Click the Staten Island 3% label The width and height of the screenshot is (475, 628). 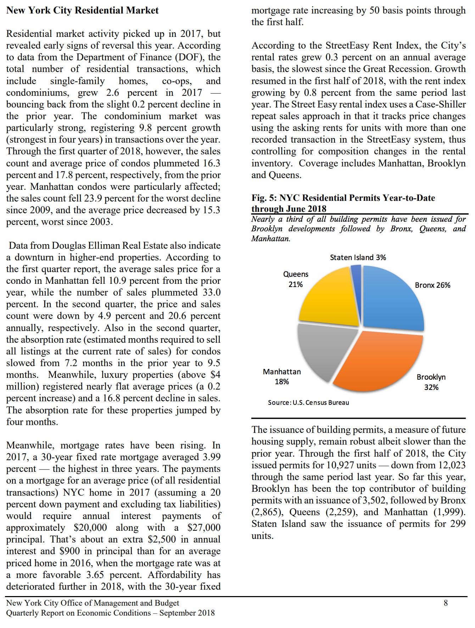358,257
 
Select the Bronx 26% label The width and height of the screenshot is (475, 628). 432,285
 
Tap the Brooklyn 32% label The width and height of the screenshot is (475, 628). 431,382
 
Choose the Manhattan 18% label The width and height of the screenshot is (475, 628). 282,376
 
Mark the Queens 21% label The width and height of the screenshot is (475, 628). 296,279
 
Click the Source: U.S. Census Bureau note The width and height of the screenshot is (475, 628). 308,403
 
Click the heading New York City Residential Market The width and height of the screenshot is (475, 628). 82,10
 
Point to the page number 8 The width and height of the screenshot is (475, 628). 446,603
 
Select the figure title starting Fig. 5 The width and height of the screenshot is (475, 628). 343,203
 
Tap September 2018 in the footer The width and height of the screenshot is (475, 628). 187,613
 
